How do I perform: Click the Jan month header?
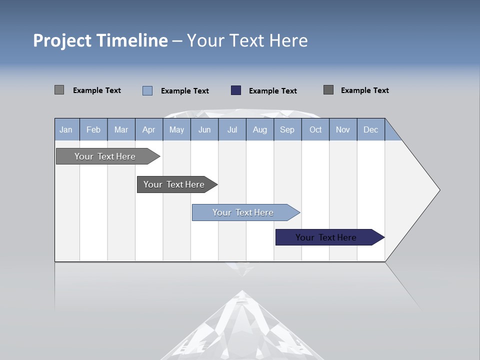[66, 129]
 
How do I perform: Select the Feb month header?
[93, 129]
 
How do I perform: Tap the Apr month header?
[149, 129]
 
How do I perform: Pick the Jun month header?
[204, 129]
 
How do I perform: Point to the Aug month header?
[260, 129]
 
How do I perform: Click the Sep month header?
[287, 129]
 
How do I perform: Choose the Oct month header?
[315, 129]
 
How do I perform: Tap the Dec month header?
[371, 129]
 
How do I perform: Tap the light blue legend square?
[147, 90]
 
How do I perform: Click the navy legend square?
[236, 90]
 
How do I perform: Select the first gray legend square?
[59, 90]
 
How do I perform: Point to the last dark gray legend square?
[328, 90]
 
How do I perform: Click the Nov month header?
[343, 129]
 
